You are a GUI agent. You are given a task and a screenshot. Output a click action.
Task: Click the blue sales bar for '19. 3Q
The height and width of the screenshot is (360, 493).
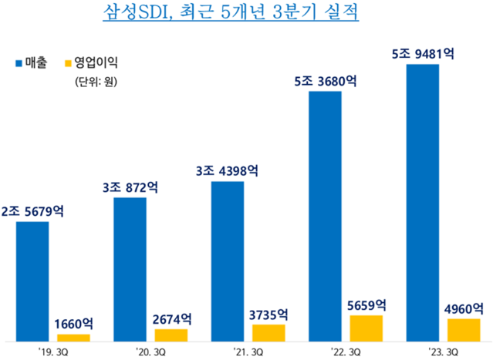click(32, 281)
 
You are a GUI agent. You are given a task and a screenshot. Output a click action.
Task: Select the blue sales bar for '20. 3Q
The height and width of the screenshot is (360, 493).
click(130, 269)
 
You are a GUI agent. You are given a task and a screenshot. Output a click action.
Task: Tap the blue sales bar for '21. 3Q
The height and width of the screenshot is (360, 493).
click(228, 261)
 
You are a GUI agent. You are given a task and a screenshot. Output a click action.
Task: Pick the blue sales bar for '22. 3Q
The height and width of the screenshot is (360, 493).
click(325, 216)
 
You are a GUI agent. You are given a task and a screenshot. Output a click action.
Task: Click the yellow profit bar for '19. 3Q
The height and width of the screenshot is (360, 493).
click(74, 338)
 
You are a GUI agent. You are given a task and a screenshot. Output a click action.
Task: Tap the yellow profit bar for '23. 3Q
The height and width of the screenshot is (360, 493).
click(464, 329)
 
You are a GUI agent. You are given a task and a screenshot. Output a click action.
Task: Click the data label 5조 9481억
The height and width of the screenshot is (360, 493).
click(423, 54)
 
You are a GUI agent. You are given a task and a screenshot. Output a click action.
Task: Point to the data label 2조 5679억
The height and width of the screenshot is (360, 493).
click(33, 211)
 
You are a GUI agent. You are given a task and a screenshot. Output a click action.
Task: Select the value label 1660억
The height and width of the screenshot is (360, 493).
click(75, 324)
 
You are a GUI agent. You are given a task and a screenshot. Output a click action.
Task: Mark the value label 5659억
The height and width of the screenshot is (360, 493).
click(366, 304)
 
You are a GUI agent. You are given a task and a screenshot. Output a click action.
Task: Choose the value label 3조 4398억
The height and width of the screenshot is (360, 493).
click(228, 171)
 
